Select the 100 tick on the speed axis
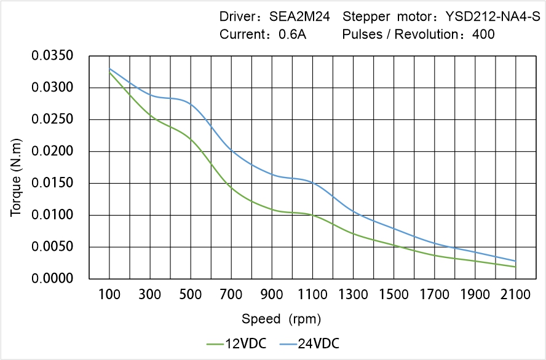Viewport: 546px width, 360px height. tap(109, 295)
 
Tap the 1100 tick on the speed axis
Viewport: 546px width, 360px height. tap(312, 295)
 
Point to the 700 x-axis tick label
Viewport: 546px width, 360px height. tap(231, 295)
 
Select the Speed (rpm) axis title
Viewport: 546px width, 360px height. tap(281, 319)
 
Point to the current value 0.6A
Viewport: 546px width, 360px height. tap(293, 34)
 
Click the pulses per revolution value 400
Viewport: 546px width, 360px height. tap(483, 34)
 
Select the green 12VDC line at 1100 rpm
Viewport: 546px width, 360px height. tap(312, 215)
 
